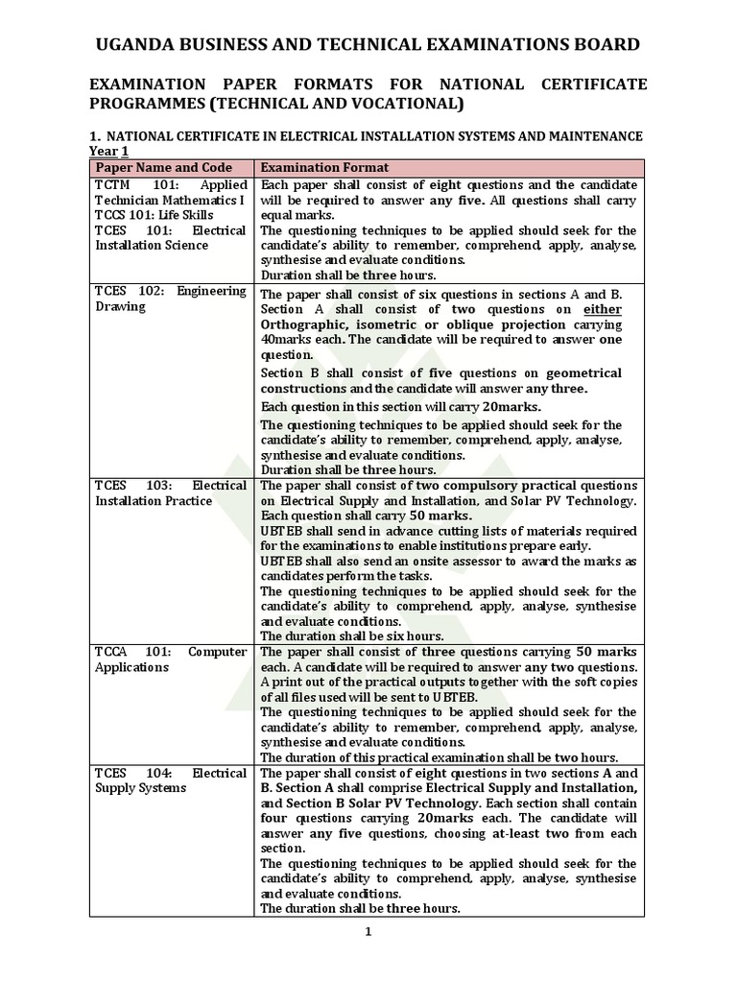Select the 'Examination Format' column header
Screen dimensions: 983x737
[324, 167]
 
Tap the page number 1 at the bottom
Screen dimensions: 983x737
[368, 930]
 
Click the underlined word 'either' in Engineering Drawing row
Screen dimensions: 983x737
[603, 310]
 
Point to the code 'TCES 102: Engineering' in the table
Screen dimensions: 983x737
[170, 291]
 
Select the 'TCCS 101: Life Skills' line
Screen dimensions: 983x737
[153, 214]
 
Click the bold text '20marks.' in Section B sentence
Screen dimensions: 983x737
[511, 406]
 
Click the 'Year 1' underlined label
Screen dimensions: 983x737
[108, 151]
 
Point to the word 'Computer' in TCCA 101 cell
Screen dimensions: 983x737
[217, 652]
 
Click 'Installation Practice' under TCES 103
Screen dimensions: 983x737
[154, 500]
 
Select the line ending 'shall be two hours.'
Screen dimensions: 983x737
[452, 756]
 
